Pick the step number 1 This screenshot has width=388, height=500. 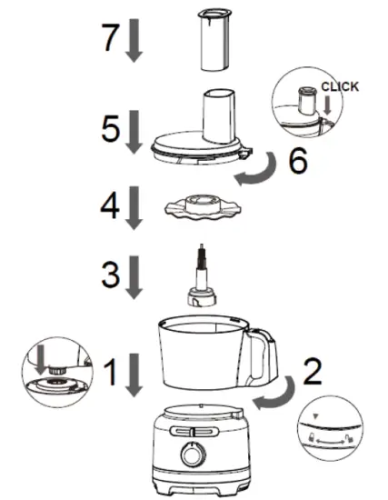coord(111,370)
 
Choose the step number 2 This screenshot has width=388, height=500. coord(310,371)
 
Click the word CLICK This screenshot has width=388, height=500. coord(340,86)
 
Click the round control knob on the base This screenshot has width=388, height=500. coord(192,452)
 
